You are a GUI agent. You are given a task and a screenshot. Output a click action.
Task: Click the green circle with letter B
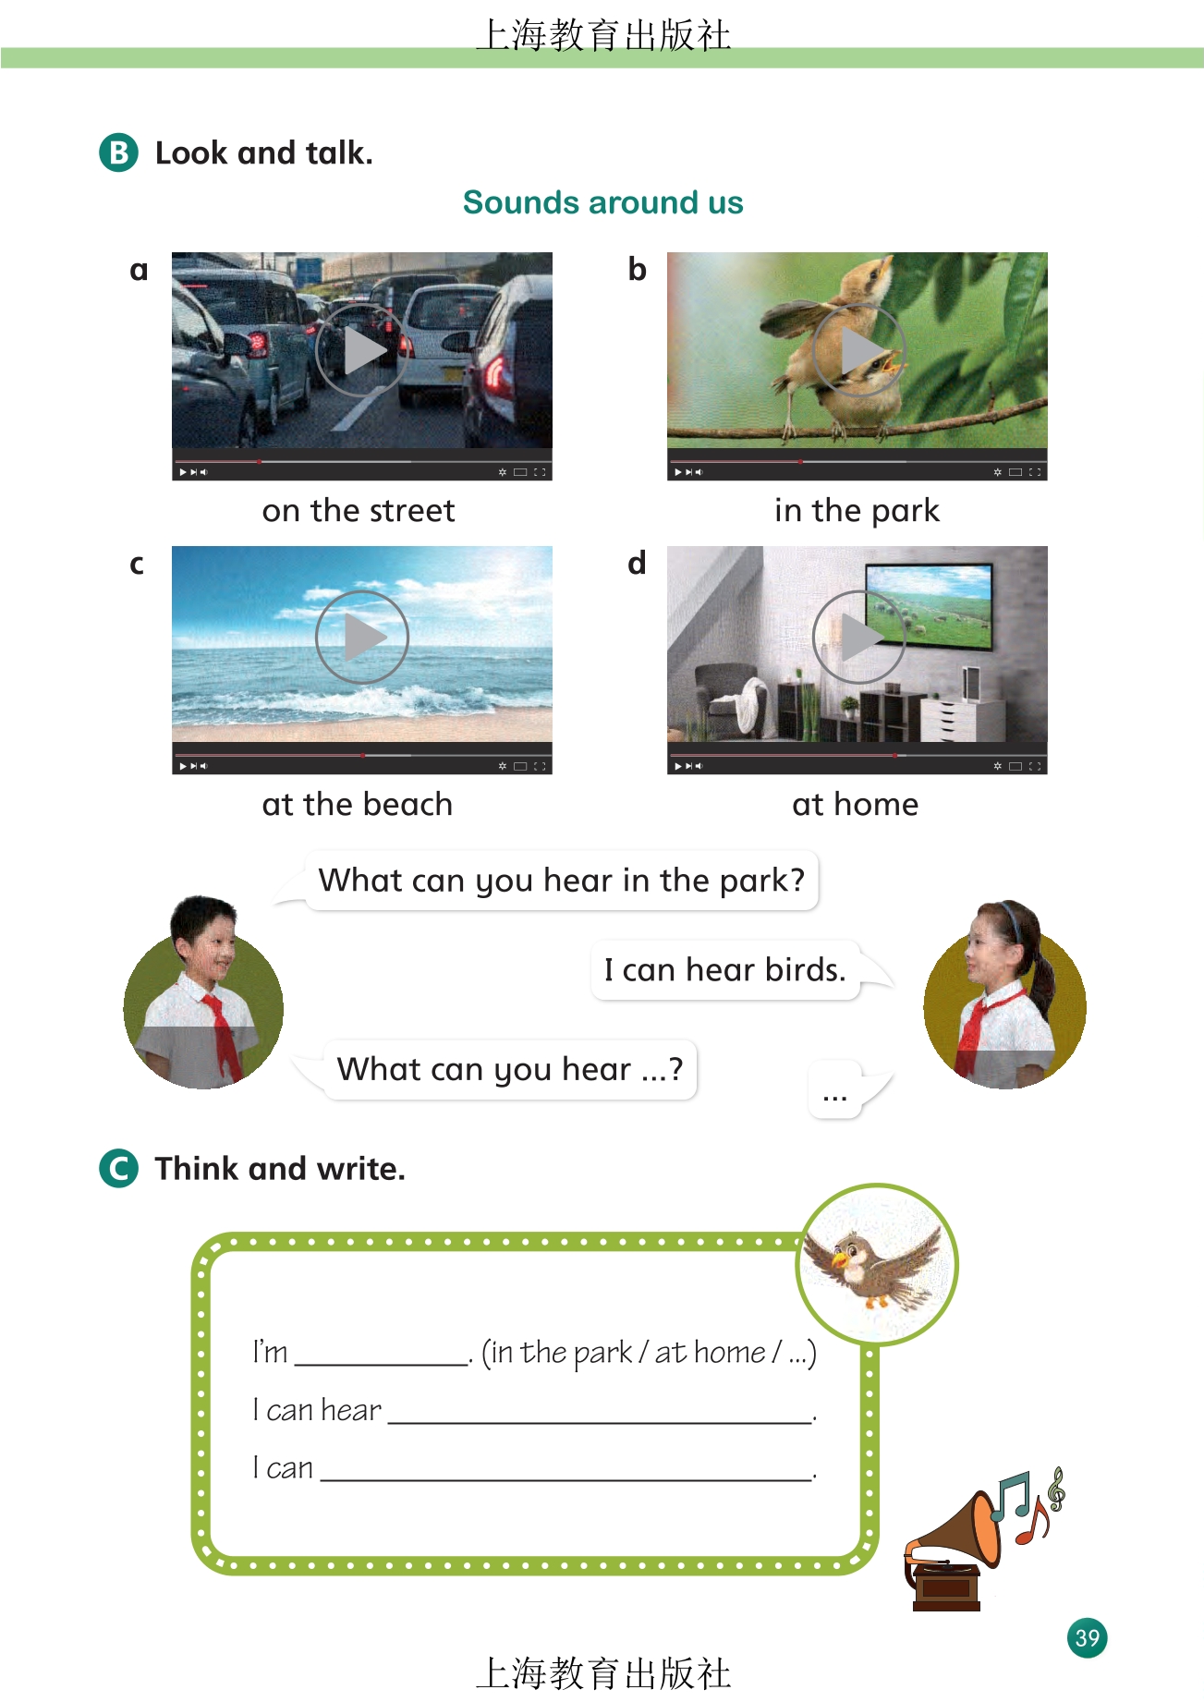coord(118,152)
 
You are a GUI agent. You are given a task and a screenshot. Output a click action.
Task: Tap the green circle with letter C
coord(118,1168)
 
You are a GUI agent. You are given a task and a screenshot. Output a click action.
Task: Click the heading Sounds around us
coord(602,202)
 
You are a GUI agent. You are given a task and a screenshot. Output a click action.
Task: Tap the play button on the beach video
coord(362,637)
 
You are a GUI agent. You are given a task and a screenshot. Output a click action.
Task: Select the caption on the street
coord(359,510)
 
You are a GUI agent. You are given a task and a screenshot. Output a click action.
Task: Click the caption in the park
coord(857,511)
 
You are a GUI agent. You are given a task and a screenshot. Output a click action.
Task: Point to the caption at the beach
coord(358,804)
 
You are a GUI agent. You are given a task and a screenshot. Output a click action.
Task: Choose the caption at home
coord(856,804)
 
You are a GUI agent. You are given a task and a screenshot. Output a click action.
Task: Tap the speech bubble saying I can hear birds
coord(726,970)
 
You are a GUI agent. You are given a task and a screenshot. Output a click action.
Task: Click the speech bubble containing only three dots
coord(835,1090)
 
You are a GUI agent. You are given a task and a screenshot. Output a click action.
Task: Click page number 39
coord(1088,1638)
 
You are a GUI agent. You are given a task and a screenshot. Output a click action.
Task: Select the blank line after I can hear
coord(600,1422)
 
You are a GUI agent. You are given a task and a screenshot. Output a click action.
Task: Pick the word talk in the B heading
coord(335,152)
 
